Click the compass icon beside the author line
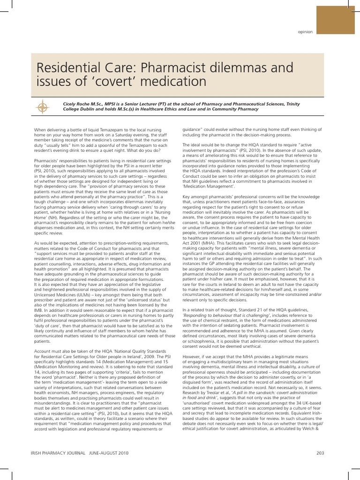tap(43, 106)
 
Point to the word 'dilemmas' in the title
tap(249, 69)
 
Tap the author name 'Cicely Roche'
tap(77, 104)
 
